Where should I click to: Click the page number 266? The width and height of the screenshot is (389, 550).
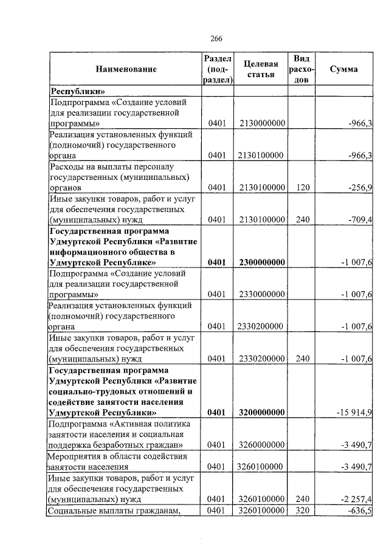click(x=216, y=38)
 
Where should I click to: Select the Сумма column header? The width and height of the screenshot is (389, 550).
click(x=344, y=69)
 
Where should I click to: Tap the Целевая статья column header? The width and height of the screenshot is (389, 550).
click(x=261, y=69)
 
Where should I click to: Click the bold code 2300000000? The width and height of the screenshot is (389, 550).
click(x=263, y=263)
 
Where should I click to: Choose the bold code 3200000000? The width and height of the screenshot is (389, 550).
click(x=263, y=413)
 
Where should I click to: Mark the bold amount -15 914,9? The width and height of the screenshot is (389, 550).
click(x=354, y=413)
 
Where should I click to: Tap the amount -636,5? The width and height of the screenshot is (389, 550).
click(x=359, y=510)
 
